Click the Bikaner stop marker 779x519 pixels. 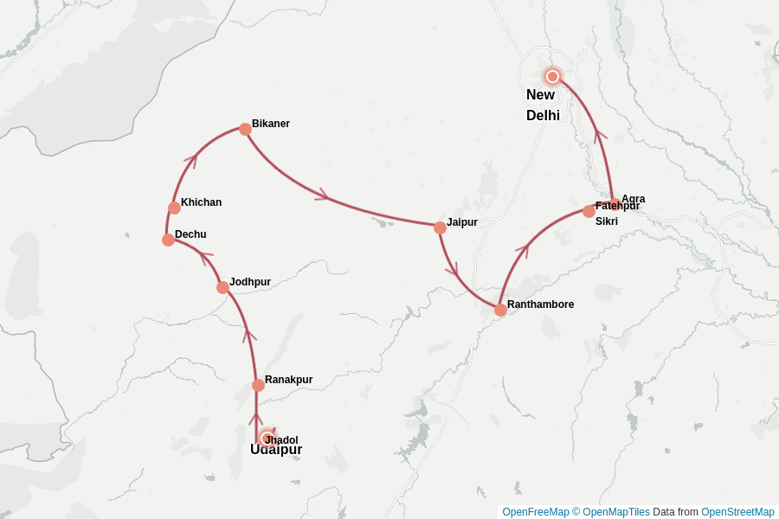pos(245,129)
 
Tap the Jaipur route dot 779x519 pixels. pos(440,227)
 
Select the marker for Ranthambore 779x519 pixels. pos(500,310)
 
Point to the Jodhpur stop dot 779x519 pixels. pos(222,287)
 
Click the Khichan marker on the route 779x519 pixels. pos(174,208)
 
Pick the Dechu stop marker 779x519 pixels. pos(168,240)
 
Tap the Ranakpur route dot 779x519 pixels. pos(258,385)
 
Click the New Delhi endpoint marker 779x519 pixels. pos(552,76)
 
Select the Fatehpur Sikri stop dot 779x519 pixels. pos(589,211)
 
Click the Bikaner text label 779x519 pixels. pos(271,124)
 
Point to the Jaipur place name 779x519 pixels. pos(462,222)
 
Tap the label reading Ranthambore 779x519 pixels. pos(540,304)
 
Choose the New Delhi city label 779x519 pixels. pos(543,105)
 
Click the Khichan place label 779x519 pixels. pos(201,202)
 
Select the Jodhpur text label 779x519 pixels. pos(250,282)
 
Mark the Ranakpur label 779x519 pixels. pos(288,380)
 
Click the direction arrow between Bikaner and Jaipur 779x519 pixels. pos(322,195)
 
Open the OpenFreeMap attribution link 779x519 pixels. pos(535,512)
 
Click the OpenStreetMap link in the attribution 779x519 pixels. pos(737,512)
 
